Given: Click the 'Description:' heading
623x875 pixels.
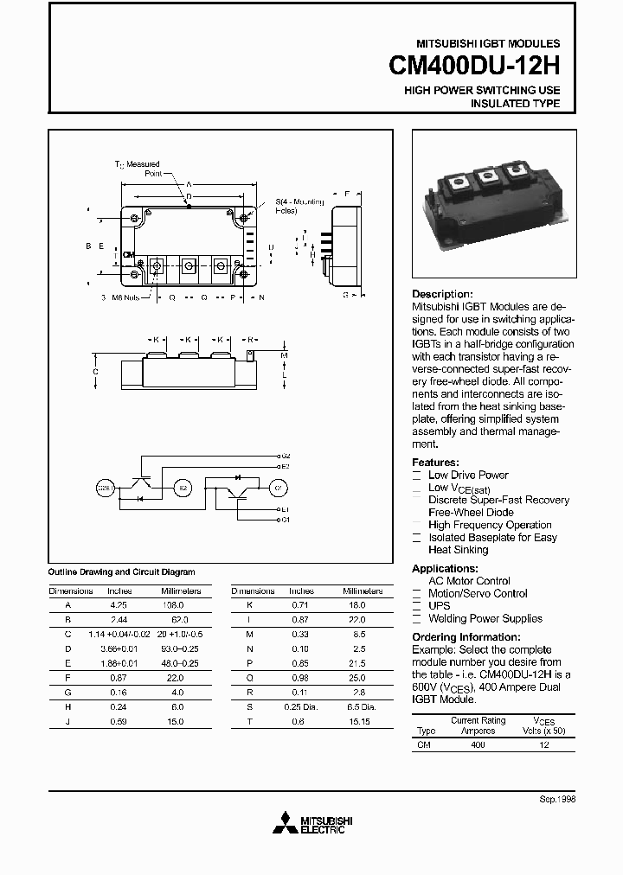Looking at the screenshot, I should (442, 294).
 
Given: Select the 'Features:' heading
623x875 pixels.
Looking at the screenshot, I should (435, 463).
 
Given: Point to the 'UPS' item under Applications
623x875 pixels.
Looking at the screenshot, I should (440, 606).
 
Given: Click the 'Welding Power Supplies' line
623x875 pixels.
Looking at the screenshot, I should (485, 618).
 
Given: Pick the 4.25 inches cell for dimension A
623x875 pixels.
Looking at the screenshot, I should (119, 606).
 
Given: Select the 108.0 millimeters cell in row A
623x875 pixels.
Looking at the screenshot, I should (180, 606).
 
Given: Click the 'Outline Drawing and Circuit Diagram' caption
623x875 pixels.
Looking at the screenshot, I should (120, 572).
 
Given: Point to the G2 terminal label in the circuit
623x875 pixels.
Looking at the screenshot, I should (286, 456).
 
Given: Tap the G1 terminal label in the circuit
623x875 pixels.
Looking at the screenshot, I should (286, 521).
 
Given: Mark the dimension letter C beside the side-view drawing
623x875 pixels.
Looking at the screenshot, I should (95, 371).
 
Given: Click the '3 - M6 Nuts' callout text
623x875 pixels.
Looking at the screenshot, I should (120, 297).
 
